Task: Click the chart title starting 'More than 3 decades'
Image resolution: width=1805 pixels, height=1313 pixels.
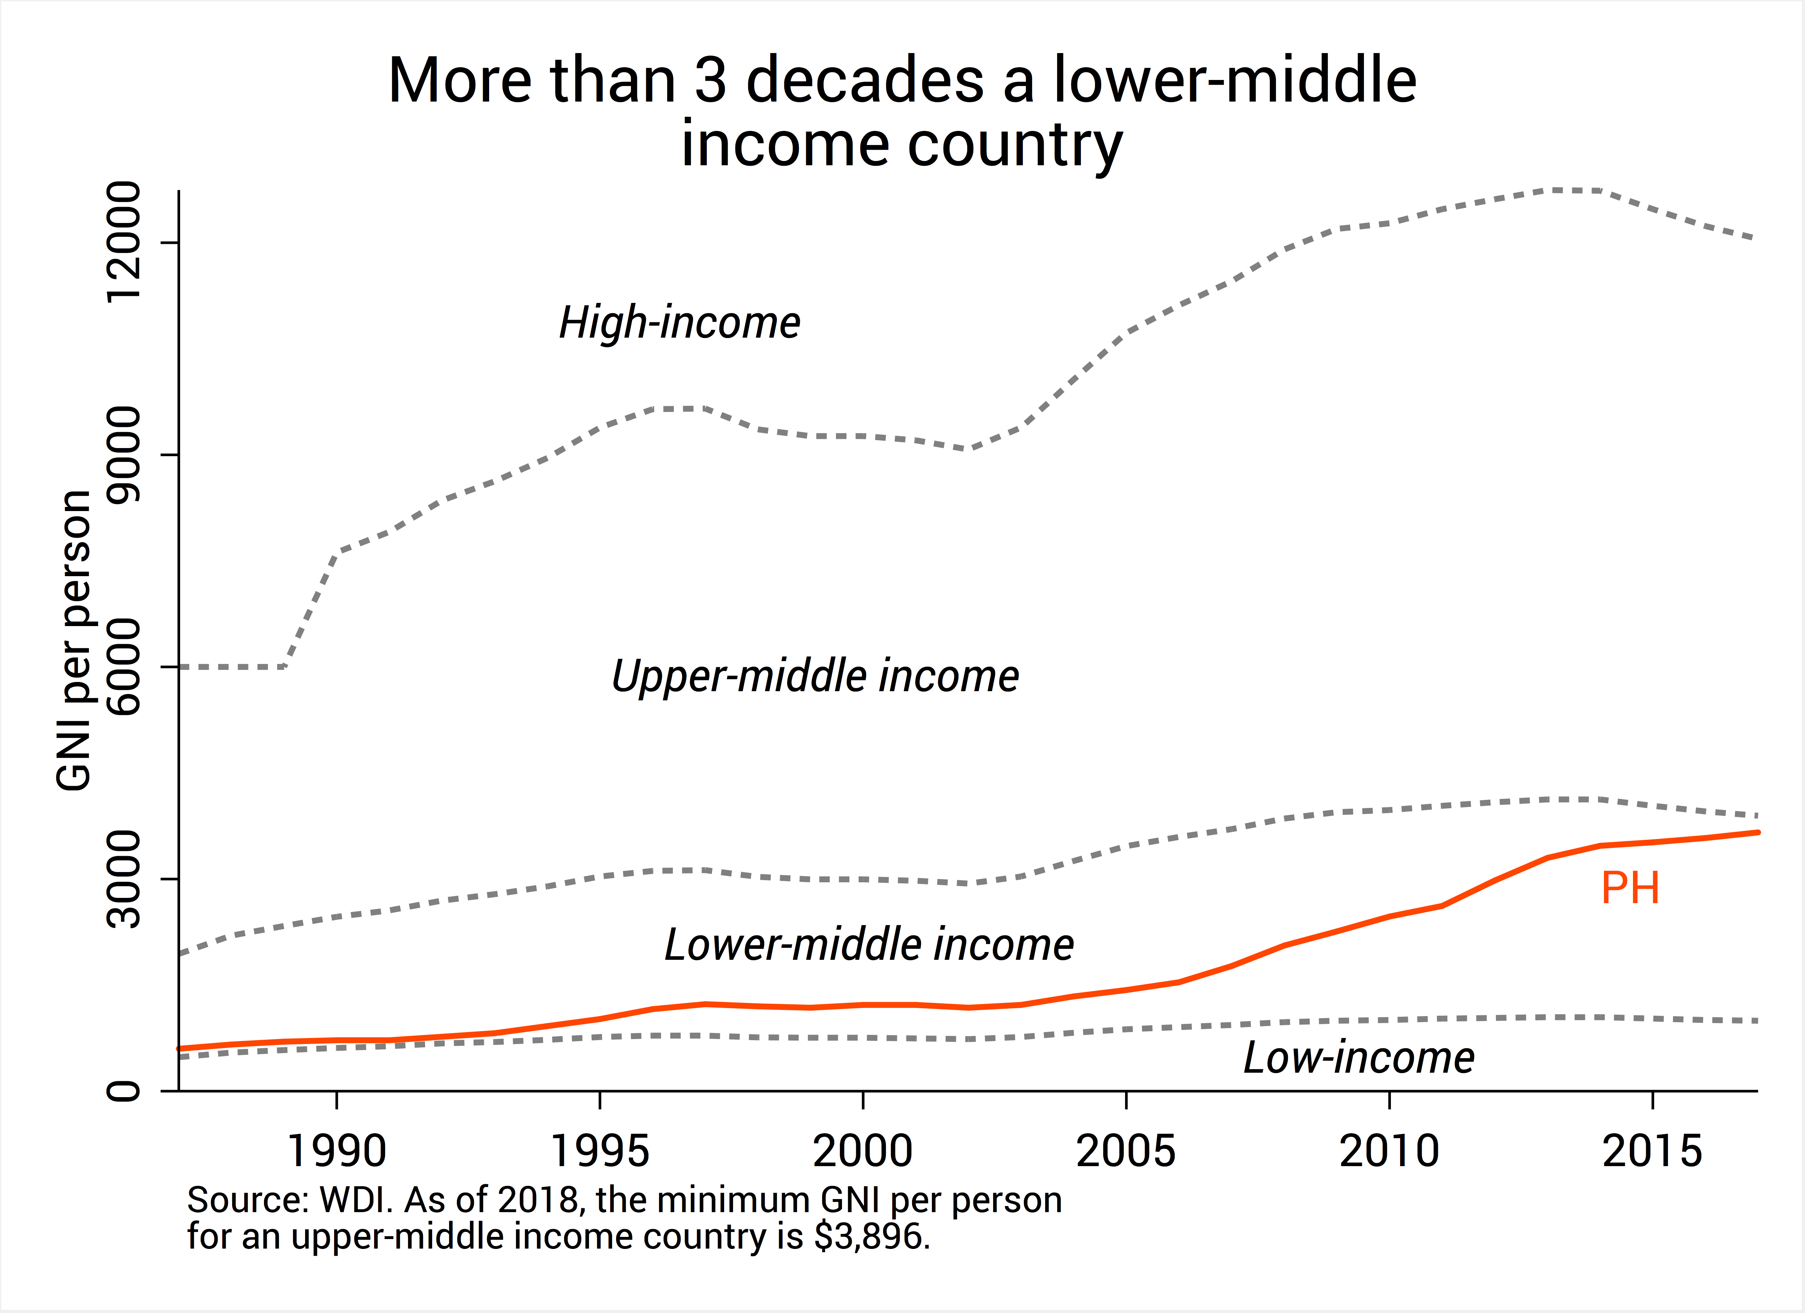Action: point(902,111)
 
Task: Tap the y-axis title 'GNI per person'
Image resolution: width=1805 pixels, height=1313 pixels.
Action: point(74,641)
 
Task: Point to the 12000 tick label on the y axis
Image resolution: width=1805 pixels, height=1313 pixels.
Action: point(124,243)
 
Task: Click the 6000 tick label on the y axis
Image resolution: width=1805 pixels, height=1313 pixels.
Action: point(124,667)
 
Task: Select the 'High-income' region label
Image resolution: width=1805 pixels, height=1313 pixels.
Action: point(680,323)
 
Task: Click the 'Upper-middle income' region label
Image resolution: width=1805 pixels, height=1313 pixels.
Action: point(815,676)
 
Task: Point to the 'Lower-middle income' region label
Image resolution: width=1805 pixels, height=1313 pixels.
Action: point(869,945)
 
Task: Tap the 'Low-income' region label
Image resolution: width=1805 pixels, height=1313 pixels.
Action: point(1358,1058)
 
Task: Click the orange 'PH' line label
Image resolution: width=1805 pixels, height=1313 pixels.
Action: point(1630,888)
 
